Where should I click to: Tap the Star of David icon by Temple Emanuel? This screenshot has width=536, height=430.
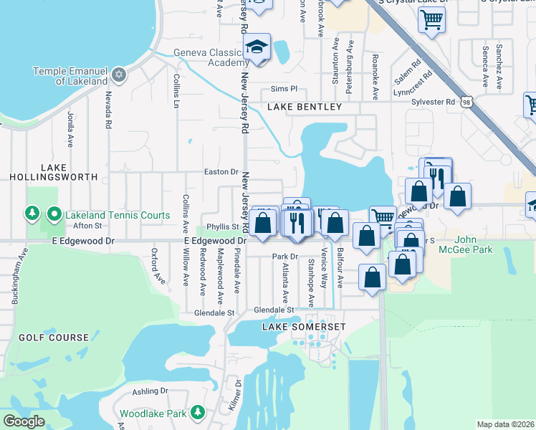coord(119,74)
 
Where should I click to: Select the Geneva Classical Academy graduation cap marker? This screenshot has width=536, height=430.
coord(256,49)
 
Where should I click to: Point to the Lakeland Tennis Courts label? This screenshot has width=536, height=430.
coord(118,215)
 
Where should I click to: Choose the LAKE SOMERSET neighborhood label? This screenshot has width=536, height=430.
coord(304,327)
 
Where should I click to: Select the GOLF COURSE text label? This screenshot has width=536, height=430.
coord(54,337)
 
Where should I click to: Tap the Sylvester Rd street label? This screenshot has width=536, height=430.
coord(434,102)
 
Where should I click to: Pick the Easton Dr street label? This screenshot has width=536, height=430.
coord(221,172)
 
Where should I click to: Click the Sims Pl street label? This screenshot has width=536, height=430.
coord(284,89)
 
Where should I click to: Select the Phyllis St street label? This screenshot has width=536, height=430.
coord(221,226)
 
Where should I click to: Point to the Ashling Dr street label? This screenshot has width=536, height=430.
coord(150,391)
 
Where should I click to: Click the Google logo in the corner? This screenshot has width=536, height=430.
coord(24,421)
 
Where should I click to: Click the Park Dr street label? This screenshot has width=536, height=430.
coord(284,256)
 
